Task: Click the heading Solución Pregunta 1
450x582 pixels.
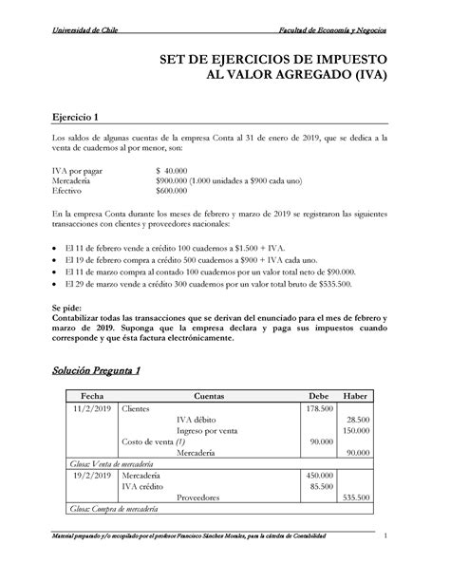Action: (x=96, y=369)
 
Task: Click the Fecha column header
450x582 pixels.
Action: (x=92, y=394)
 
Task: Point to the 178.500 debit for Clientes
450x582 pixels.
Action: (x=318, y=408)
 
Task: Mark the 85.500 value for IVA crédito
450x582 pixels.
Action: (x=320, y=485)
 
